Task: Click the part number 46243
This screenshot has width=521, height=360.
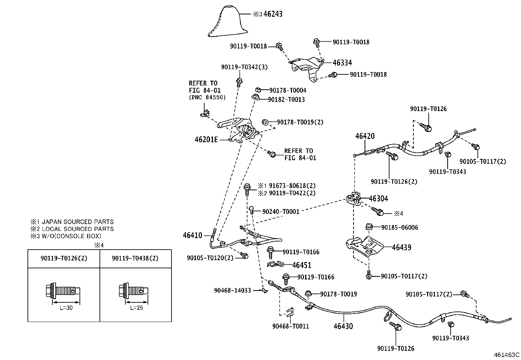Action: pyautogui.click(x=273, y=14)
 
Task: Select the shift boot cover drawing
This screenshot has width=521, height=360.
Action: pyautogui.click(x=224, y=21)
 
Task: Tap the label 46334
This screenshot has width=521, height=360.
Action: pyautogui.click(x=342, y=63)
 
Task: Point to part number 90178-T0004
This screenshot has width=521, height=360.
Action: pyautogui.click(x=288, y=90)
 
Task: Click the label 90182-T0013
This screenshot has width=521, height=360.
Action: pyautogui.click(x=286, y=100)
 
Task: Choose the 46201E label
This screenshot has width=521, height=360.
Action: pyautogui.click(x=206, y=140)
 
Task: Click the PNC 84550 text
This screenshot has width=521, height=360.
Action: pyautogui.click(x=207, y=97)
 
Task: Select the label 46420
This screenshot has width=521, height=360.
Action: pyautogui.click(x=365, y=136)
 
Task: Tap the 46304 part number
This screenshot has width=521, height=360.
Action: pyautogui.click(x=378, y=199)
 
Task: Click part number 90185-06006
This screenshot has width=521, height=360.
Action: pyautogui.click(x=400, y=228)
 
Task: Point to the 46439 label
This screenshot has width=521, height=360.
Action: pyautogui.click(x=402, y=247)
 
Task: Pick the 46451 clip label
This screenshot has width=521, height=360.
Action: pyautogui.click(x=302, y=265)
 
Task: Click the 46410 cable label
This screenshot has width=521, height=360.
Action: pyautogui.click(x=192, y=236)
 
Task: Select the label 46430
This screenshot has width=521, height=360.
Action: pyautogui.click(x=343, y=326)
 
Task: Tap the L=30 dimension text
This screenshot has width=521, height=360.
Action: pyautogui.click(x=66, y=308)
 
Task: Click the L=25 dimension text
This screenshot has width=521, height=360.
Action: pyautogui.click(x=136, y=308)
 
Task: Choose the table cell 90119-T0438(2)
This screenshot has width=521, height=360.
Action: pyautogui.click(x=135, y=258)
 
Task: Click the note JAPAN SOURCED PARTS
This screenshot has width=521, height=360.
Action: pyautogui.click(x=78, y=222)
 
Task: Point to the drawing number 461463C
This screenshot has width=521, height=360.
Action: pyautogui.click(x=507, y=355)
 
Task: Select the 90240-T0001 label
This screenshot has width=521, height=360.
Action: pyautogui.click(x=281, y=212)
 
